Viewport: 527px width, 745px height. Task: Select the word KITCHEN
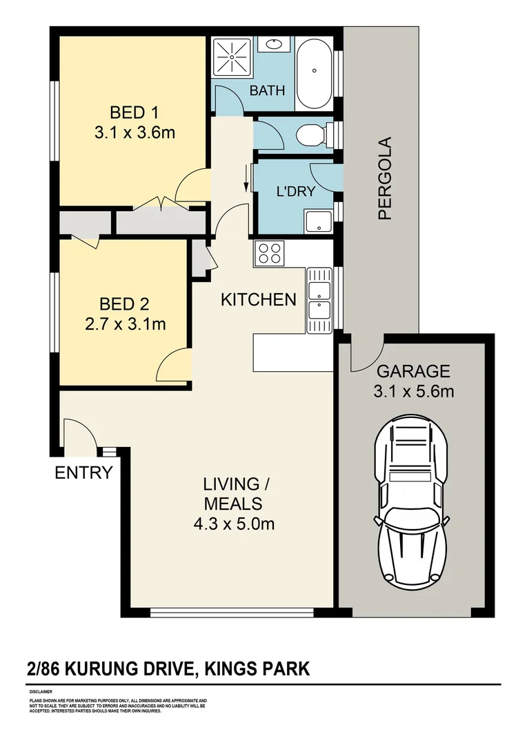258,299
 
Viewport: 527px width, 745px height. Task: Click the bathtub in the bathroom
315,70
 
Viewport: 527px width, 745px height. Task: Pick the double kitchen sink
319,299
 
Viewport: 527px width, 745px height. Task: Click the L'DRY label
295,192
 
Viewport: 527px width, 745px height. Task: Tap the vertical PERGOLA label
384,178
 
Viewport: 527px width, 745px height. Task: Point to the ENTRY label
83,473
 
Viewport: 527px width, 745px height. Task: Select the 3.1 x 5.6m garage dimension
414,391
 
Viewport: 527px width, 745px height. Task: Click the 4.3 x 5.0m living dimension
234,524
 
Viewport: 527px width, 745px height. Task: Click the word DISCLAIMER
41,691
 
